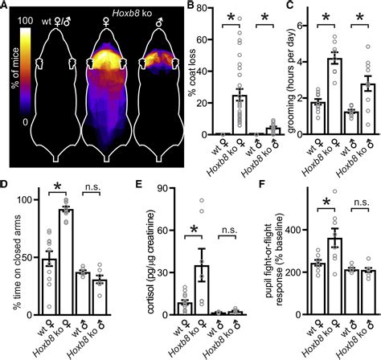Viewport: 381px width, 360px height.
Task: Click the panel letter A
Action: pos(6,7)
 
